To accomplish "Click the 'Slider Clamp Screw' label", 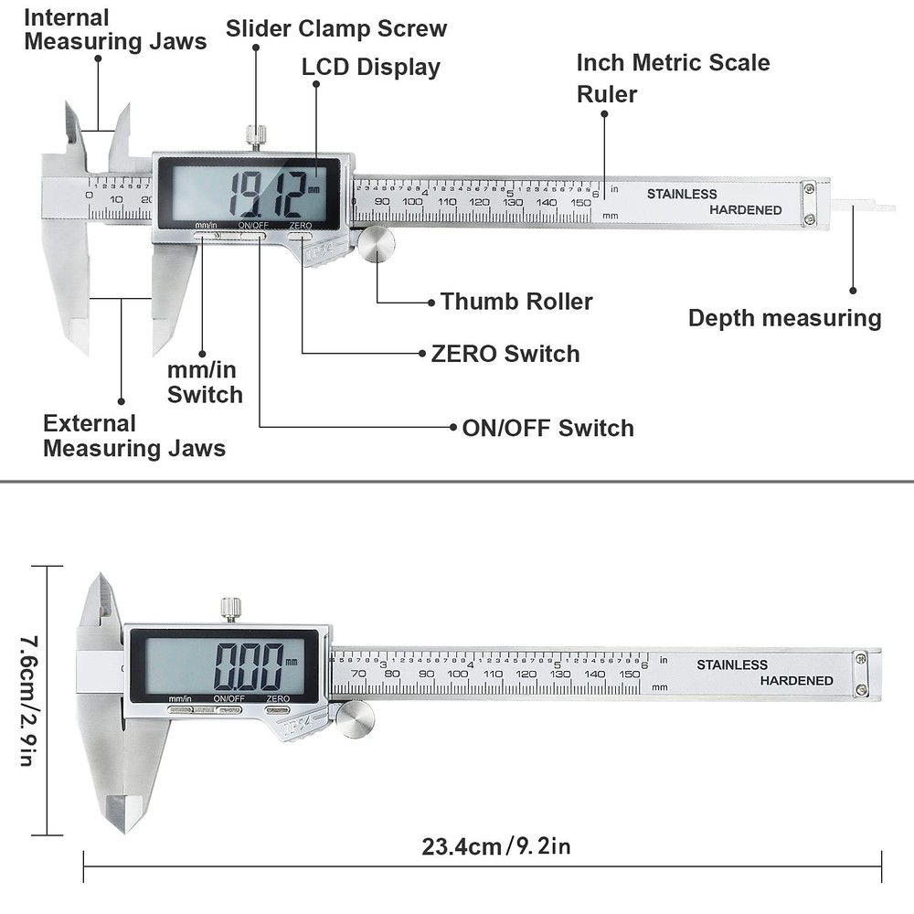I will pos(336,28).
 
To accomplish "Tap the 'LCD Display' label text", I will pos(370,67).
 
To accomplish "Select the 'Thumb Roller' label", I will pos(516,302).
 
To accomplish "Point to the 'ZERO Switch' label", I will pos(505,354).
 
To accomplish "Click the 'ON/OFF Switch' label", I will pos(547,428).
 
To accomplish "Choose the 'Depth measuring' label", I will pos(784,318).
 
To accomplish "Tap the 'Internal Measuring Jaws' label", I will pos(115,29).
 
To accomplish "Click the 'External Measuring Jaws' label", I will pos(134,436).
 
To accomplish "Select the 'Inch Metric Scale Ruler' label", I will pos(673,78).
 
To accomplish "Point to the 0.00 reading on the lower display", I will pos(248,666).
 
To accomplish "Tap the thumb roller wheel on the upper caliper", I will pos(376,245).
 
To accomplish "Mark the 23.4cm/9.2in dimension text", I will pos(496,846).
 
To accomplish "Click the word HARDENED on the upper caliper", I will pos(746,210).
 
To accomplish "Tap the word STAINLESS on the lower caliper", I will pos(732,664).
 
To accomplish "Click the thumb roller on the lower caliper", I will pos(355,718).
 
